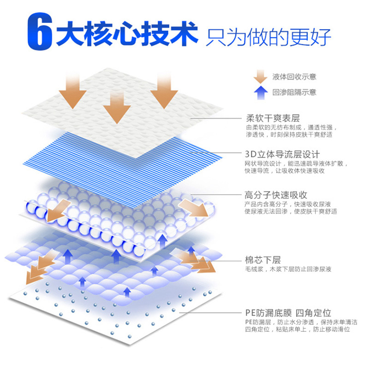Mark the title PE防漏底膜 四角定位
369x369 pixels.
click(x=288, y=313)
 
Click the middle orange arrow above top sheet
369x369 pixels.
click(x=117, y=104)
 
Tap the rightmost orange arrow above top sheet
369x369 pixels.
click(x=163, y=90)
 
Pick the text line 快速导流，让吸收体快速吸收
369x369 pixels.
click(x=285, y=171)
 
